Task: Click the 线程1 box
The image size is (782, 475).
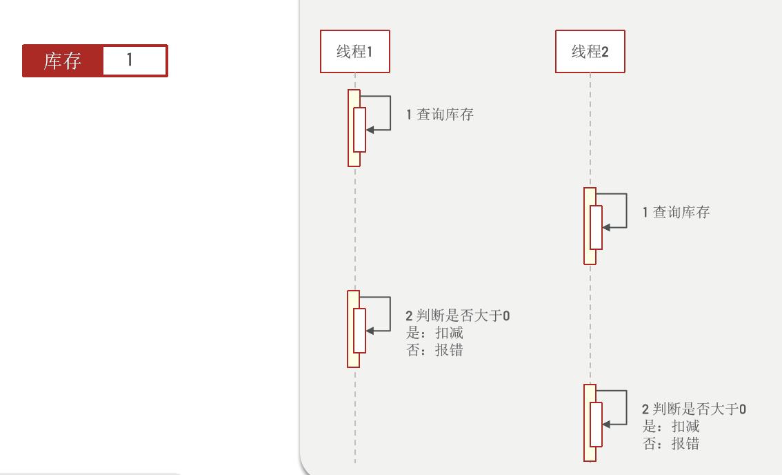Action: click(354, 52)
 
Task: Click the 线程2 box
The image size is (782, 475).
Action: click(590, 52)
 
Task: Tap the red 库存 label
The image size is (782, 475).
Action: click(62, 61)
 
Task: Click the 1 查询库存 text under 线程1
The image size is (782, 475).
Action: click(440, 115)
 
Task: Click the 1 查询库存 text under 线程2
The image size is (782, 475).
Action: click(676, 213)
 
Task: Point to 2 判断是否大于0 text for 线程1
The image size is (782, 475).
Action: click(458, 316)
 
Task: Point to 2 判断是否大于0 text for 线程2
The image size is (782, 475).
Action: click(694, 409)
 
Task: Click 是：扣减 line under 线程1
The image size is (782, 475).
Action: click(435, 333)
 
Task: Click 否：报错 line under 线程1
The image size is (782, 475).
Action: click(435, 350)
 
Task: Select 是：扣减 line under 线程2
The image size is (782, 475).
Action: click(671, 427)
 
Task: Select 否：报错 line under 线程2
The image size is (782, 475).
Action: click(671, 443)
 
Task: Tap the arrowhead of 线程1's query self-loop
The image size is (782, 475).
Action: click(370, 129)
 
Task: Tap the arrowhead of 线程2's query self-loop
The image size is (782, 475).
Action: click(605, 227)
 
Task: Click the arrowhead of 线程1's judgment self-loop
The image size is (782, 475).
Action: click(370, 331)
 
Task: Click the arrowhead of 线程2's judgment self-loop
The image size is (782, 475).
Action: click(605, 424)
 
